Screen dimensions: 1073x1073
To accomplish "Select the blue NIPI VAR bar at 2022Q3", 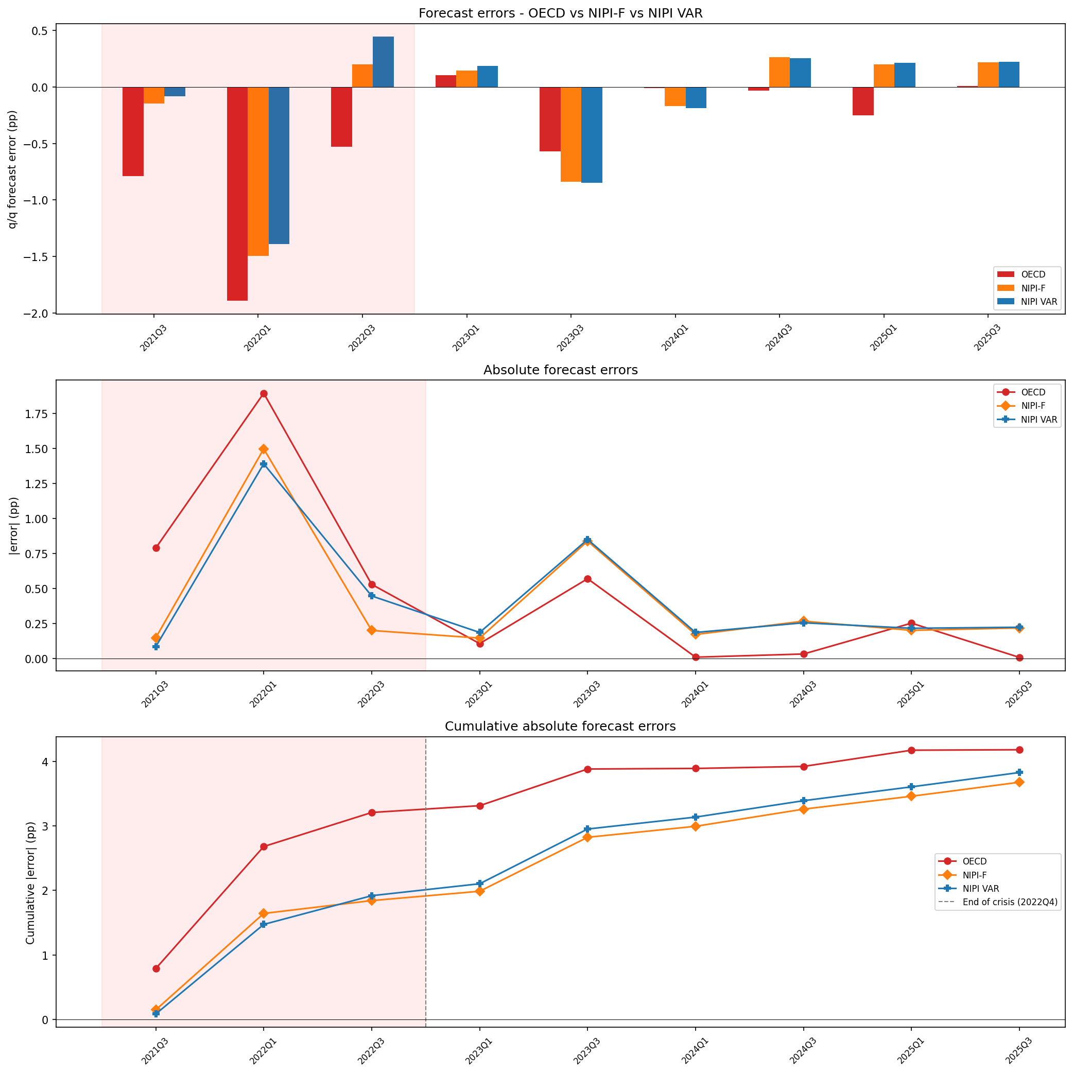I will tap(383, 62).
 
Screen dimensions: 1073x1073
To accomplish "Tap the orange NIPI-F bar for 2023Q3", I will tap(571, 134).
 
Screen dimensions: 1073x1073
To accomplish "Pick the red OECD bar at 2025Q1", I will tap(863, 101).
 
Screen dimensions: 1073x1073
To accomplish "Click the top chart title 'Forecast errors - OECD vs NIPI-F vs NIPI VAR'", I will tap(560, 13).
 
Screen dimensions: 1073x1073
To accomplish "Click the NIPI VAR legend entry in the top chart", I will tap(1028, 302).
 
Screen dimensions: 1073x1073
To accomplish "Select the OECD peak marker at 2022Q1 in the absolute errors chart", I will tap(264, 394).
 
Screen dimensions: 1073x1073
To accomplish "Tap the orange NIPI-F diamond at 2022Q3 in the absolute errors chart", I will tap(372, 630).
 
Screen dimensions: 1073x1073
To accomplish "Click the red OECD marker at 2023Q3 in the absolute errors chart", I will tap(587, 579).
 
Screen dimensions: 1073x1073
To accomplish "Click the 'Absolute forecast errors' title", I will tap(560, 370).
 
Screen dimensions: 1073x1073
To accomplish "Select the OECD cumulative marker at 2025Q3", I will tap(1019, 750).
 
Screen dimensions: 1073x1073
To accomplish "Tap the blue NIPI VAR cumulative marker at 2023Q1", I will tap(480, 884).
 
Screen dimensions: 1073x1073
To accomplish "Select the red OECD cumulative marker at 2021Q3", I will tap(156, 968).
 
